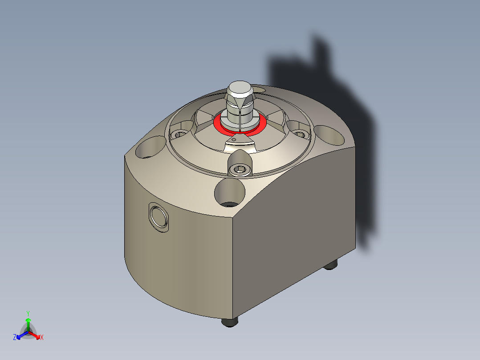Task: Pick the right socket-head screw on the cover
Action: coord(299,134)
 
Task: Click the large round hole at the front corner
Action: coord(230,192)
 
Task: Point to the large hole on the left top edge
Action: coord(151,147)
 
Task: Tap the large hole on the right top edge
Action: coord(329,135)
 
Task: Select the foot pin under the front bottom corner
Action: coord(230,321)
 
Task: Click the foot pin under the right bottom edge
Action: coord(329,265)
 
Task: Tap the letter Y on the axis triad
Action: coord(28,313)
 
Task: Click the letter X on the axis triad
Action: coord(41,338)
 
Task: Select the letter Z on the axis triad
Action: coord(15,338)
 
